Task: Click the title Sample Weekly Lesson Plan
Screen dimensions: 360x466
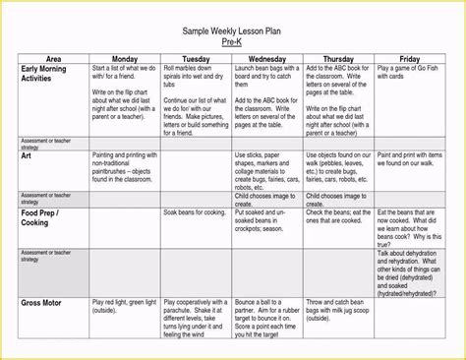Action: [x=231, y=31]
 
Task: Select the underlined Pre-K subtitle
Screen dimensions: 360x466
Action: [x=231, y=43]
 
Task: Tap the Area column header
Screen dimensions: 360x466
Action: [x=54, y=59]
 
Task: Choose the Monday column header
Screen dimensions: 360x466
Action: [x=125, y=59]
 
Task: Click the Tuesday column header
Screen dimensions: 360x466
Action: [x=196, y=59]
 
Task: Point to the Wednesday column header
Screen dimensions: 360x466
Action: [x=267, y=59]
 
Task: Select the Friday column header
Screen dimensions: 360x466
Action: [x=412, y=59]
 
